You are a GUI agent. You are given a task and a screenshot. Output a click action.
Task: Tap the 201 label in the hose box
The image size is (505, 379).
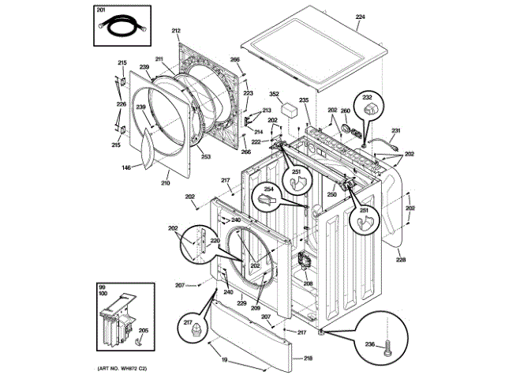click(100, 9)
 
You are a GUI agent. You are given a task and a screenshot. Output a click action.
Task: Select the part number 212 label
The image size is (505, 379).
click(176, 31)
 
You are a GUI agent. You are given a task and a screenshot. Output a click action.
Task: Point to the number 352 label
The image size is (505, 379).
click(275, 94)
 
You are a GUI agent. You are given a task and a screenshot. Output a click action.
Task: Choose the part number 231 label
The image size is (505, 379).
click(396, 130)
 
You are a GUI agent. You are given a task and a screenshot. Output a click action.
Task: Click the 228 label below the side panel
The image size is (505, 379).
click(401, 259)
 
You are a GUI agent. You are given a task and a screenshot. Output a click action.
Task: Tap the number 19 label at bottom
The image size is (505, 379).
click(223, 361)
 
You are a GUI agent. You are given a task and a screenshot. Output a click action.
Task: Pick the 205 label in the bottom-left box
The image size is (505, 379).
click(144, 331)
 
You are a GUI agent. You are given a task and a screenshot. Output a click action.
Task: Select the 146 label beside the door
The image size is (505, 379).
click(126, 167)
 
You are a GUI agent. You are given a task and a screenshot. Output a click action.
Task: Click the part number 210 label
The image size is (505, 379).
click(166, 184)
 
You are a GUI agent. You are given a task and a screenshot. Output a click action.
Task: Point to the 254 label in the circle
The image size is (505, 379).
click(267, 189)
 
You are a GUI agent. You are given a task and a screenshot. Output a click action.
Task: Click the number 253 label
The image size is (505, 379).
click(206, 156)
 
